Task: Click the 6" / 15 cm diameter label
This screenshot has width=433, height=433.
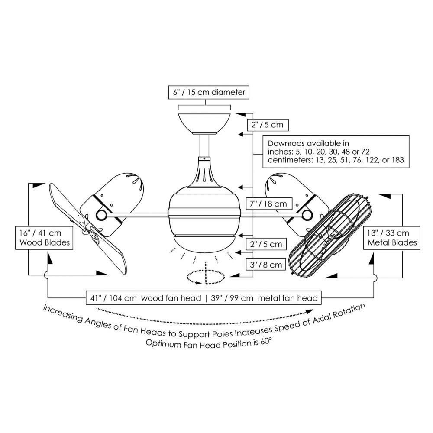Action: (209, 92)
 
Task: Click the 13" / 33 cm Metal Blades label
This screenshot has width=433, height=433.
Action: (392, 237)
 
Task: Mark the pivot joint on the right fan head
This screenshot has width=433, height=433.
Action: (308, 214)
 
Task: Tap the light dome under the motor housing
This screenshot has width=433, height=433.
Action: (204, 240)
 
